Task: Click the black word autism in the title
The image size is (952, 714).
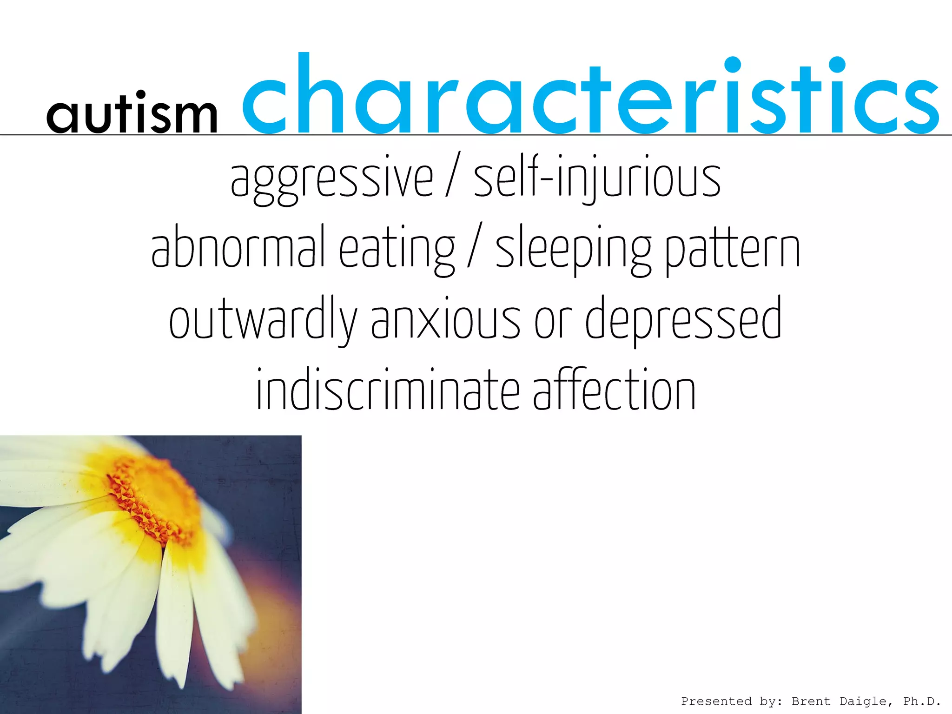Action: (x=132, y=112)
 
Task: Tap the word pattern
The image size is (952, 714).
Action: (x=733, y=249)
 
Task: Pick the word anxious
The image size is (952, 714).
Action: (x=445, y=321)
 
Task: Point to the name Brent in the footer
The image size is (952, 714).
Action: (x=811, y=701)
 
